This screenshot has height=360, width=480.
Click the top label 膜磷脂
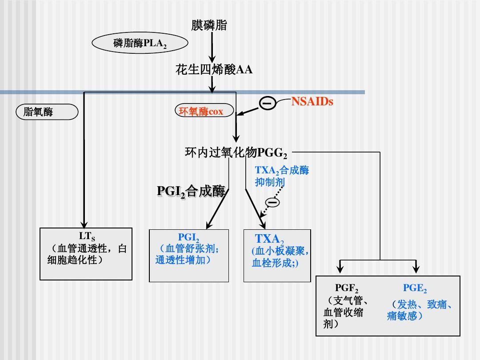(209, 25)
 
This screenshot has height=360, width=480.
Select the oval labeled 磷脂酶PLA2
(140, 44)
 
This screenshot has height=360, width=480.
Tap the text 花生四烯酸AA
(214, 70)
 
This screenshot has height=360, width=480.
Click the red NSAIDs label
(312, 102)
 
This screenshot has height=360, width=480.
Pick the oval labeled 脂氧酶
(47, 112)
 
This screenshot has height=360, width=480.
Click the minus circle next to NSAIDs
(268, 104)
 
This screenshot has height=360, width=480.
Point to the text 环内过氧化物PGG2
(236, 153)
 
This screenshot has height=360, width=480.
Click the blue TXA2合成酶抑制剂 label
(281, 176)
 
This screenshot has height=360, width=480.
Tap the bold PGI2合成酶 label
(192, 191)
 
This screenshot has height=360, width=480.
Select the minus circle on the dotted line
(273, 203)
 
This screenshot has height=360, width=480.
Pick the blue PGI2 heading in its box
(188, 238)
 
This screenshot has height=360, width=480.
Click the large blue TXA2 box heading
(269, 239)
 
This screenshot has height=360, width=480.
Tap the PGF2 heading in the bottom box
(347, 288)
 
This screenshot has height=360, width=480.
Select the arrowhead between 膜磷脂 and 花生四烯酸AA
(212, 59)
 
